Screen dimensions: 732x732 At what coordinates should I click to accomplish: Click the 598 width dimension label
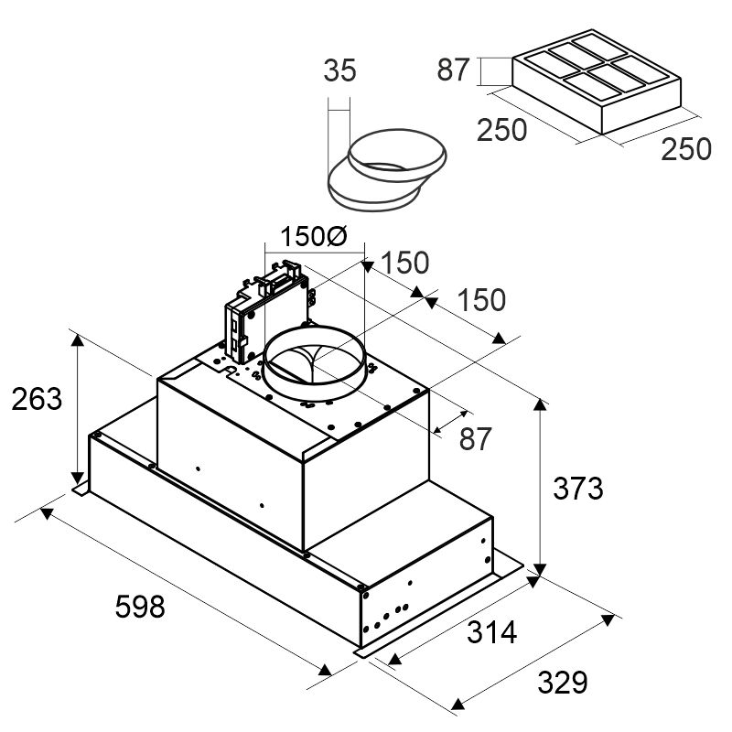(140, 606)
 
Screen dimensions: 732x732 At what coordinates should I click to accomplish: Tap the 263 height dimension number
(37, 399)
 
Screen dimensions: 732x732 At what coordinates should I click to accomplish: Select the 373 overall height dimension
(578, 489)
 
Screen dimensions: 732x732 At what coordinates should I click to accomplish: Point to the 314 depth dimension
(491, 632)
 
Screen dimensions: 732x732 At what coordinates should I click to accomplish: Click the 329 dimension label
(562, 683)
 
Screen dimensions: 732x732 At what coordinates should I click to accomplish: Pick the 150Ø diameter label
(314, 236)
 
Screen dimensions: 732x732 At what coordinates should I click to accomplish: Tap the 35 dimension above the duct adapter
(339, 70)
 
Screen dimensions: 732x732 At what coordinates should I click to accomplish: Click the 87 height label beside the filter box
(452, 70)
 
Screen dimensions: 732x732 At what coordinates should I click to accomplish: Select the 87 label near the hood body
(475, 439)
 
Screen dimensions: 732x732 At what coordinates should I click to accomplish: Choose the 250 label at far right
(685, 149)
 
